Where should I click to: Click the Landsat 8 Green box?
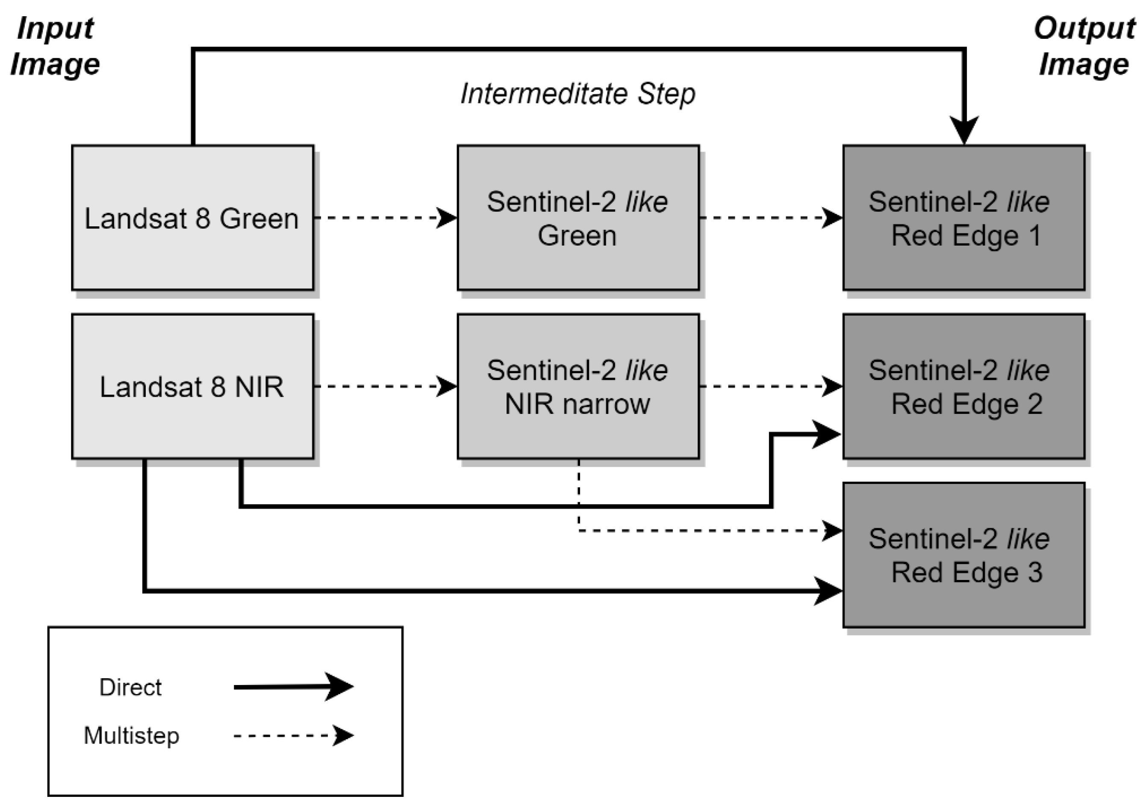(x=193, y=218)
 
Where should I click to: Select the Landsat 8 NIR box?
(x=193, y=386)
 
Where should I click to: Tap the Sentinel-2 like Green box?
(x=578, y=218)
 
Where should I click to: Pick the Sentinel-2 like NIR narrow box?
(x=578, y=386)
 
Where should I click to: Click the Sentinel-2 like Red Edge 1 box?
(x=964, y=218)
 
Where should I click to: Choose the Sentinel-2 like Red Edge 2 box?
(x=964, y=386)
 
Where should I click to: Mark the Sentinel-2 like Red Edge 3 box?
(x=964, y=555)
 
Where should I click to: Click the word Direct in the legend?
(x=130, y=687)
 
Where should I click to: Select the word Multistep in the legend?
(x=131, y=736)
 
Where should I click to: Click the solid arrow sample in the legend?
(x=294, y=687)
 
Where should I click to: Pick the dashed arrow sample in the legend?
(x=294, y=736)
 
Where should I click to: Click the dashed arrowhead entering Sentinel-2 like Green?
(x=446, y=218)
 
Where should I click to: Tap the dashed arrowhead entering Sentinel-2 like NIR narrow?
(x=446, y=386)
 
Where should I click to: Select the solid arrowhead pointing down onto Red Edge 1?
(x=964, y=131)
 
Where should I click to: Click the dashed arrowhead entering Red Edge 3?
(x=832, y=531)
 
